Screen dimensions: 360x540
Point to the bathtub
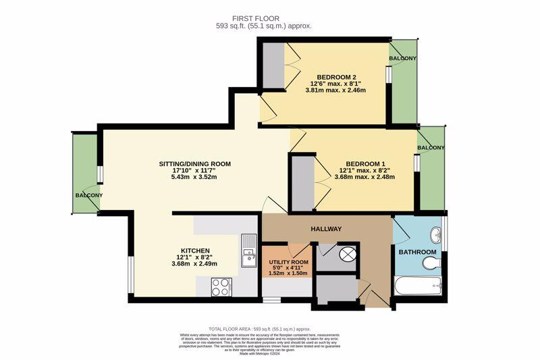[418, 286]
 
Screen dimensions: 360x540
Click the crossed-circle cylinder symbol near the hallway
[348, 255]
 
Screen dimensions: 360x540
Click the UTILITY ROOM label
[288, 261]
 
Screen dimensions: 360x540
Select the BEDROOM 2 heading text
[335, 76]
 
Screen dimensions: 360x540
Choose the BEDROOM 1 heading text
[365, 163]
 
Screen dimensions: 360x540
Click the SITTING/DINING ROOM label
[194, 163]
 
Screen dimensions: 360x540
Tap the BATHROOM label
[417, 252]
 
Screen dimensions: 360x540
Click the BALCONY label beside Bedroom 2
[402, 59]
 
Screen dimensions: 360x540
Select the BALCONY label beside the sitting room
[88, 195]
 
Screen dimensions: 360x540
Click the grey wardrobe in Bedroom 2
[273, 66]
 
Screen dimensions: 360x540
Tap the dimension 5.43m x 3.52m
[194, 178]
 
